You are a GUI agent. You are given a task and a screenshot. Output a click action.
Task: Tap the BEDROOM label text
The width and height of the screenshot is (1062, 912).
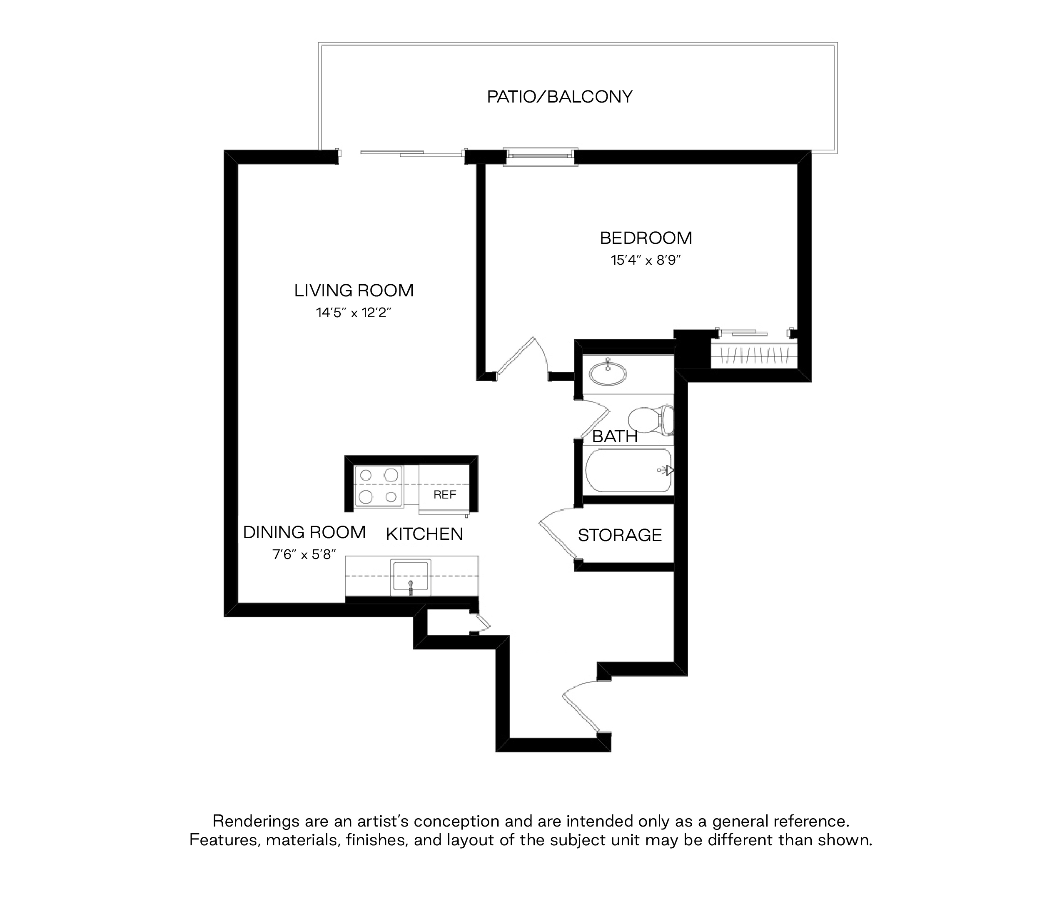[646, 238]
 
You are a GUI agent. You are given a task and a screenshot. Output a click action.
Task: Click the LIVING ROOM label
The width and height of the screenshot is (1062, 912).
[354, 291]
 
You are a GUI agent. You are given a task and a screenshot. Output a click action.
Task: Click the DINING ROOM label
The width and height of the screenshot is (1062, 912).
[304, 532]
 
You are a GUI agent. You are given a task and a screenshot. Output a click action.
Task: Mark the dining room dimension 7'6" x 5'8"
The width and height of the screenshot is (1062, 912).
[304, 554]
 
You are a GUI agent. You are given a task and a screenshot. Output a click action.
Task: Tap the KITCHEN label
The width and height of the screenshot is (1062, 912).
[424, 534]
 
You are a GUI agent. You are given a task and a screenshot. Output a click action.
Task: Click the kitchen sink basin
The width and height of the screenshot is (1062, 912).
[410, 577]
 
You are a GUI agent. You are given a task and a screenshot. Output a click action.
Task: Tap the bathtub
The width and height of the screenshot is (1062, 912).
[629, 470]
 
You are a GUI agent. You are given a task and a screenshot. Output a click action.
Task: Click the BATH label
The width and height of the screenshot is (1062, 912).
[615, 436]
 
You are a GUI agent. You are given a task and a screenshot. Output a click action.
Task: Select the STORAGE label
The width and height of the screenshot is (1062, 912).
[620, 536]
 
